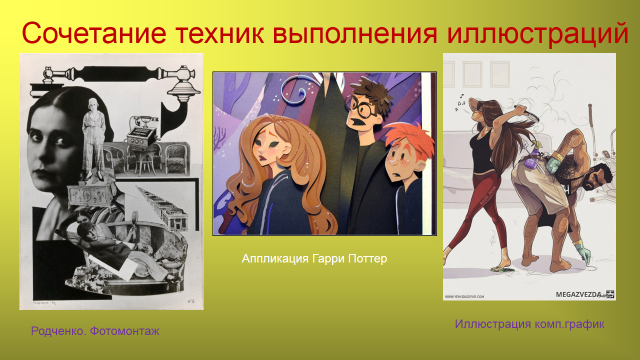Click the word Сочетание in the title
point(94,33)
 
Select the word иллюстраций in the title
point(538,34)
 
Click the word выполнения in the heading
point(355,33)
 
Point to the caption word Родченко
point(58,331)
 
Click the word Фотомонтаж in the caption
point(124,331)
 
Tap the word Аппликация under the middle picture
point(275,259)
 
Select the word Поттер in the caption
point(367,259)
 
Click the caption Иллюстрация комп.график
point(529,324)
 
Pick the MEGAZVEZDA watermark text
point(578,294)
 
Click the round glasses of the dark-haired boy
point(362,109)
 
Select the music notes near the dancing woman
point(460,102)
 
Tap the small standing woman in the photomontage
point(94,139)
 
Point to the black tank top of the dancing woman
point(482,151)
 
